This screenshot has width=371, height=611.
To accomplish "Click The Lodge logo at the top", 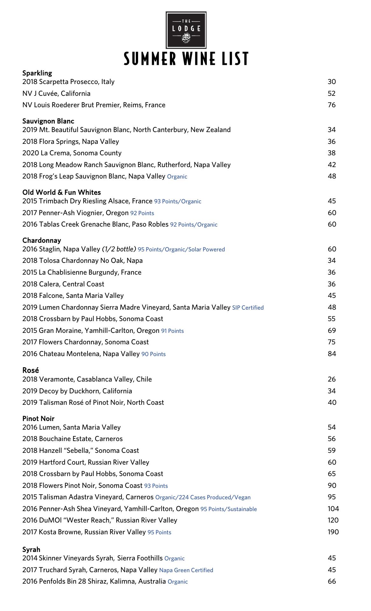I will click(x=186, y=30).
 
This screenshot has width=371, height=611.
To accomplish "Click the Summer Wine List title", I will click(x=186, y=59).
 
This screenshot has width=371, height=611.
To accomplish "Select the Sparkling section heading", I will click(x=37, y=73).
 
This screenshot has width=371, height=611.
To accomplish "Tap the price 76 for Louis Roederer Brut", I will click(x=332, y=105).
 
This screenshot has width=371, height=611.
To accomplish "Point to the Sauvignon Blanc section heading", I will click(x=48, y=121).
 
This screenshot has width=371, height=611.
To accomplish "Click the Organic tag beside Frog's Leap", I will click(x=177, y=177).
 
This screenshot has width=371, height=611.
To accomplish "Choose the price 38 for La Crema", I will click(x=332, y=153).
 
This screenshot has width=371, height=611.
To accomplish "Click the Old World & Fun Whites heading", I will click(x=61, y=193).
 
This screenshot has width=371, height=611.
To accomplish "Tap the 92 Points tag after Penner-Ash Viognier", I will click(x=142, y=213).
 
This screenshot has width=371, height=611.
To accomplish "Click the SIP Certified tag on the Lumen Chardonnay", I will click(x=248, y=308).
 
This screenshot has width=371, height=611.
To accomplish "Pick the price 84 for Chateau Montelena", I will click(x=332, y=354).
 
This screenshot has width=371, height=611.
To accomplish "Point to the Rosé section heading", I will click(x=31, y=370).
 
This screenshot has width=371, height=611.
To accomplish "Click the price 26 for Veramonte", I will click(x=332, y=379).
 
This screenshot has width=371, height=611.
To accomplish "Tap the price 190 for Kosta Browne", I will click(x=333, y=532).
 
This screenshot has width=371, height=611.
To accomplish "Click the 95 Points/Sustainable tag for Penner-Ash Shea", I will click(x=228, y=509).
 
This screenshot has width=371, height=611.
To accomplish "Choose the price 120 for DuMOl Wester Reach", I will click(x=333, y=520).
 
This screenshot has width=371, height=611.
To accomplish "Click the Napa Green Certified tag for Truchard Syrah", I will click(x=186, y=570).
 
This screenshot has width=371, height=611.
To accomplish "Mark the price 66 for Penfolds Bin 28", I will click(x=332, y=581).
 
